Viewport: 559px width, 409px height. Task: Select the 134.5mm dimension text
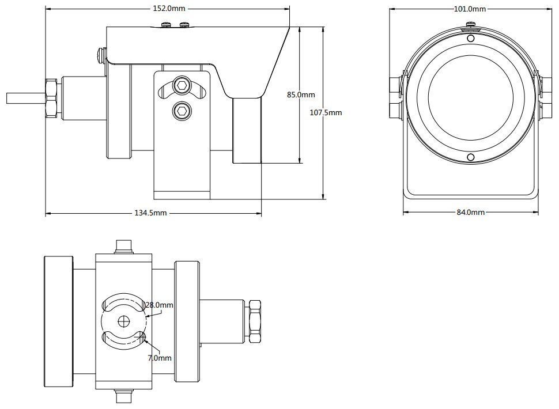coord(150,213)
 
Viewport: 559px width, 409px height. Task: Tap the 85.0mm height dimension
coord(301,95)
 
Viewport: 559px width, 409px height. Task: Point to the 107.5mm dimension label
coord(326,113)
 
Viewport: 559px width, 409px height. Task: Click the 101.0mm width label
coord(470,9)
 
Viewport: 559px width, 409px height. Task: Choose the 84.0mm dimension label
coord(470,212)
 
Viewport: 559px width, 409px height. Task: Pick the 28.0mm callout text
coord(160,305)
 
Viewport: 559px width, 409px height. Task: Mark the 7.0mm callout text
coord(160,358)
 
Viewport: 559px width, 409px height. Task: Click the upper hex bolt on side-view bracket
coord(183,85)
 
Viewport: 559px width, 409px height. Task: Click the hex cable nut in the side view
coord(50,97)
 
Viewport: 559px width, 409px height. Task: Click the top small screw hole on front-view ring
coord(471,39)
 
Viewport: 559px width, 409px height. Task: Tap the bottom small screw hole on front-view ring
coord(471,158)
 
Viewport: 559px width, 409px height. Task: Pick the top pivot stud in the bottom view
coord(124,246)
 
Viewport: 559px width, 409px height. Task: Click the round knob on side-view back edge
coord(102,55)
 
